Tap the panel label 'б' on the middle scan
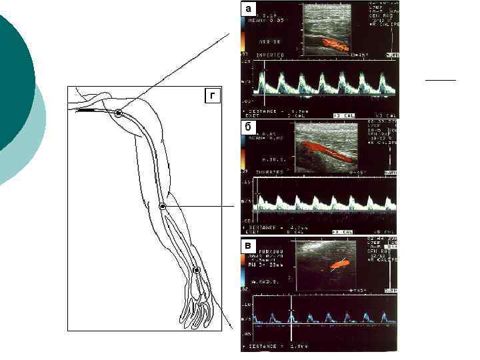[x=248, y=127]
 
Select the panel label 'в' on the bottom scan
[x=248, y=245]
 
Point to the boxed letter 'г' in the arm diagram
[x=212, y=97]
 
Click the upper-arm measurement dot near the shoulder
[x=118, y=113]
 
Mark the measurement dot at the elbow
[x=162, y=207]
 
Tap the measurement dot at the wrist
[x=197, y=270]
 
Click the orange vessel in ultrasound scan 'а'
[x=335, y=45]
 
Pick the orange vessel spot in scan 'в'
[x=340, y=264]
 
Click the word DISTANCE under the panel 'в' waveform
[x=263, y=347]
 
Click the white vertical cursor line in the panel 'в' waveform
[x=290, y=321]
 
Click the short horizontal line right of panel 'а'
[x=440, y=79]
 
